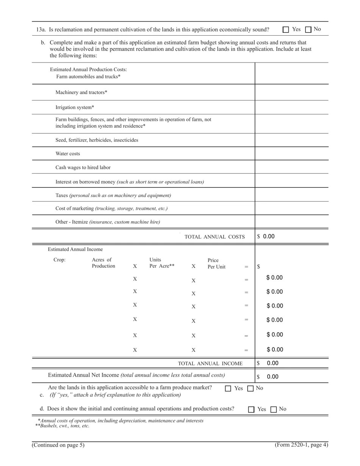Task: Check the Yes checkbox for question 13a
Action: pyautogui.click(x=286, y=30)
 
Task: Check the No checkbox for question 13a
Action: pyautogui.click(x=308, y=30)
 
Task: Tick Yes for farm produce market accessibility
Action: pyautogui.click(x=228, y=388)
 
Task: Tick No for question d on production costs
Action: pyautogui.click(x=274, y=409)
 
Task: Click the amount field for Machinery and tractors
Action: pyautogui.click(x=291, y=92)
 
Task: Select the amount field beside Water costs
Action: pyautogui.click(x=291, y=153)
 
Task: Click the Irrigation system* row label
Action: pyautogui.click(x=75, y=108)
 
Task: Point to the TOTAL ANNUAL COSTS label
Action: pyautogui.click(x=214, y=237)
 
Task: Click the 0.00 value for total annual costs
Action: pyautogui.click(x=269, y=236)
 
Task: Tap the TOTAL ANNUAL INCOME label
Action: pyautogui.click(x=210, y=364)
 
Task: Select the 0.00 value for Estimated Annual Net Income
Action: pyautogui.click(x=272, y=377)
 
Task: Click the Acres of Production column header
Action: pyautogui.click(x=103, y=263)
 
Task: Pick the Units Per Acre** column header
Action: pyautogui.click(x=162, y=263)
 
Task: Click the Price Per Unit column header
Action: pyautogui.click(x=216, y=263)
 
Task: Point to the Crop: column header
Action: pyautogui.click(x=59, y=260)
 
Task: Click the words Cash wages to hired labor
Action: pyautogui.click(x=83, y=167)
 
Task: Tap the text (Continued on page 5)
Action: pyautogui.click(x=58, y=445)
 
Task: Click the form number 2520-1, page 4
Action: pyautogui.click(x=301, y=445)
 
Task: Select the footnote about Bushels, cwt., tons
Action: pyautogui.click(x=62, y=426)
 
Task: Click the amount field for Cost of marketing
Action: pyautogui.click(x=291, y=208)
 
